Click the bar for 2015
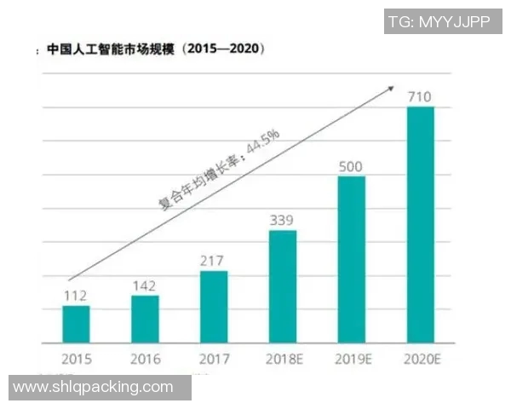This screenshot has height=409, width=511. (76, 324)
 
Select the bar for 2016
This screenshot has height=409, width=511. (145, 319)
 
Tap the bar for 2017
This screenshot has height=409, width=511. (214, 307)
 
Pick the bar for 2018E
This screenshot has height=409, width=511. (283, 286)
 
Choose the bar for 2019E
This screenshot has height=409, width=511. (352, 259)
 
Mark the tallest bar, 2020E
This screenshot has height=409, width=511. (421, 225)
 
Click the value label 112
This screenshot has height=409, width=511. (76, 296)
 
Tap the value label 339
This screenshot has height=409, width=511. (283, 220)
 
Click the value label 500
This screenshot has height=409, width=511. (352, 165)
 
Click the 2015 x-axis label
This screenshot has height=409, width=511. (76, 359)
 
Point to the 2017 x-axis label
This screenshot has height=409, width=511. (214, 359)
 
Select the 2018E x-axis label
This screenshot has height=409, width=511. (283, 359)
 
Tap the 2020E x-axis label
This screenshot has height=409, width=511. (421, 359)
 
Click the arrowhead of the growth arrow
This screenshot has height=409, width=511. (393, 86)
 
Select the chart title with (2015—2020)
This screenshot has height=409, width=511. (154, 49)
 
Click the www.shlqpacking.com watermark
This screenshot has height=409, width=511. (94, 387)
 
